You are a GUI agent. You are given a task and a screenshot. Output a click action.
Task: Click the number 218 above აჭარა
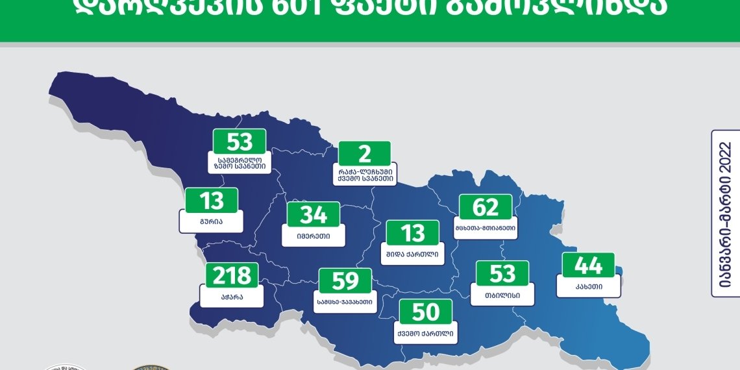[x=232, y=276]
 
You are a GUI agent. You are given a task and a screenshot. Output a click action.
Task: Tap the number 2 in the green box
[x=365, y=154]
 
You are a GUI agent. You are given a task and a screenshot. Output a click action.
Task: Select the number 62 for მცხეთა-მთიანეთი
[x=486, y=208]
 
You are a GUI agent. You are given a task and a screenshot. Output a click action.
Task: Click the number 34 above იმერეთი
[x=314, y=215]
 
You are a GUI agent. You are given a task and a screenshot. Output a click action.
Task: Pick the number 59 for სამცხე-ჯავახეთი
[x=345, y=281]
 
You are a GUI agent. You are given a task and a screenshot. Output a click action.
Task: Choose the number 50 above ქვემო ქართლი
[x=426, y=313]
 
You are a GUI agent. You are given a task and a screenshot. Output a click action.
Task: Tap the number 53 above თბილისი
[x=502, y=274]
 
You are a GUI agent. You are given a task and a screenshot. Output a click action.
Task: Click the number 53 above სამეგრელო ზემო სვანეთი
[x=240, y=142]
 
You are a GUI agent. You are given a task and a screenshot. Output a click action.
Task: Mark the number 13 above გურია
[x=212, y=201]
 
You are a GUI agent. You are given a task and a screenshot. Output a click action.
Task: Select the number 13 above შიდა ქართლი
[x=413, y=233]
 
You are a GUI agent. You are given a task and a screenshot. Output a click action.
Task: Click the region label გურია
[x=212, y=221]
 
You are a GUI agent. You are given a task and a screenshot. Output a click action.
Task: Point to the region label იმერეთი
[x=314, y=236]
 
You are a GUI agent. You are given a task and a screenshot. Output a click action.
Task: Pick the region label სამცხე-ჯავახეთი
[x=345, y=302]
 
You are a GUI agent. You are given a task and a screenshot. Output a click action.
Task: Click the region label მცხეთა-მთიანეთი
[x=486, y=228]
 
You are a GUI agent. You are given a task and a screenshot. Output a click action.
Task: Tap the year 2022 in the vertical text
[x=725, y=166]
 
